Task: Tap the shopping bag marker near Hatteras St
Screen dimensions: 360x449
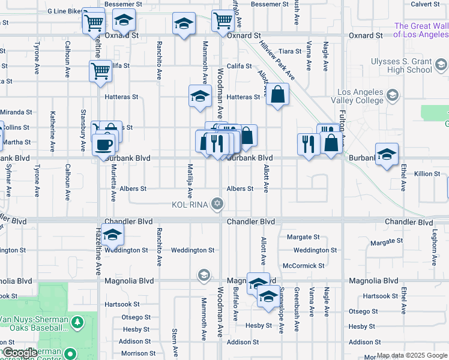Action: pos(277,94)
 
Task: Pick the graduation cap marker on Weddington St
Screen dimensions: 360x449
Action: pos(112,236)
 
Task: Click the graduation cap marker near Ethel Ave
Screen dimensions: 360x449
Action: pos(387,154)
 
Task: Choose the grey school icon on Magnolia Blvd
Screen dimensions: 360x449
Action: pos(203,275)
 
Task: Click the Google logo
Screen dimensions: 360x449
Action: pos(20,353)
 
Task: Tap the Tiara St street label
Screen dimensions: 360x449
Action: pos(290,52)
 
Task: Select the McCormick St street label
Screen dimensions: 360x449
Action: pos(303,265)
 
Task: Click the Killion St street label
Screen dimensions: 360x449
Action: pos(427,174)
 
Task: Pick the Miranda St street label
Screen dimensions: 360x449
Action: pos(16,112)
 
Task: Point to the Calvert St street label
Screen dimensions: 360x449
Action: pos(426,4)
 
